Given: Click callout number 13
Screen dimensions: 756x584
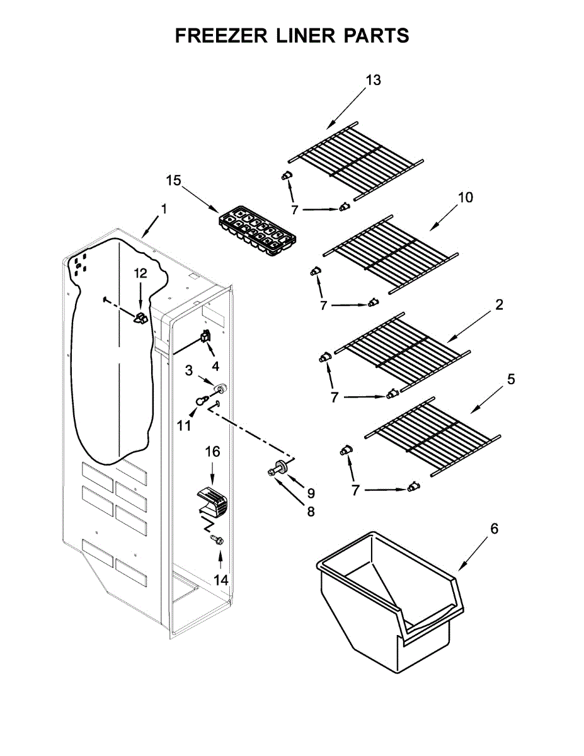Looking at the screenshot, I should (x=373, y=80).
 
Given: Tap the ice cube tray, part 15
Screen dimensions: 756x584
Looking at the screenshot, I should (x=258, y=230).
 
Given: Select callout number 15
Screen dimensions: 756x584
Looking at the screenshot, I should (x=173, y=181).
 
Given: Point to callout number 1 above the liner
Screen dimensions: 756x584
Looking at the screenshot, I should (x=163, y=209).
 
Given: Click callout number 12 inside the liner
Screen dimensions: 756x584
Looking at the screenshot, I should (x=140, y=273).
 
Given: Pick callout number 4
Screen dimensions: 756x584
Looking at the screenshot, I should (x=215, y=365).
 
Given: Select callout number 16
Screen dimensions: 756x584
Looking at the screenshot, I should (x=212, y=451).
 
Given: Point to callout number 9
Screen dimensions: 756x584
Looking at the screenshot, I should (x=311, y=493).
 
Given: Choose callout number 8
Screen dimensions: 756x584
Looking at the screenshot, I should (x=310, y=512).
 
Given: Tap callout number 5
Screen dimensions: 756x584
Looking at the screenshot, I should (x=510, y=379).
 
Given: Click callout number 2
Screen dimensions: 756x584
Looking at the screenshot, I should (x=499, y=305).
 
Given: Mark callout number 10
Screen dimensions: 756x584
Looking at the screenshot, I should (x=465, y=197).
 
